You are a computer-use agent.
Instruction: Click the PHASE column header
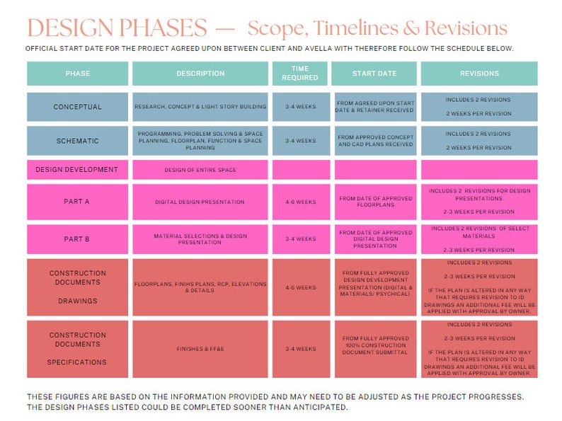(78, 74)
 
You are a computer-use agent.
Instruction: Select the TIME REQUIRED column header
(299, 74)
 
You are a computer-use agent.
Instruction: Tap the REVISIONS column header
(479, 74)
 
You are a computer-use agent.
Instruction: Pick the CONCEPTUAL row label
(78, 108)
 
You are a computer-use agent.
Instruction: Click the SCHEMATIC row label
(78, 141)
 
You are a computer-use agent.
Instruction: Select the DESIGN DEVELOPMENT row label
(78, 170)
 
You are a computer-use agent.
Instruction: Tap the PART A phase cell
(78, 202)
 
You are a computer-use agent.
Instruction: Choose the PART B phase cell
(78, 239)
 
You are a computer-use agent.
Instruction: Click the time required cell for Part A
(299, 202)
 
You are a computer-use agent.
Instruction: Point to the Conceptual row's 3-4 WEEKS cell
(299, 108)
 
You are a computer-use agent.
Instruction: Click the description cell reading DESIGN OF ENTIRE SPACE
(200, 170)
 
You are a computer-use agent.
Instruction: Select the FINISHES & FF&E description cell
(200, 349)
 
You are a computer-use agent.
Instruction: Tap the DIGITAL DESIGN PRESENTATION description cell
(200, 202)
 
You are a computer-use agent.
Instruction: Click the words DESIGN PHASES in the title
(117, 29)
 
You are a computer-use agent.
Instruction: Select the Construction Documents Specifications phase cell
(78, 349)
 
